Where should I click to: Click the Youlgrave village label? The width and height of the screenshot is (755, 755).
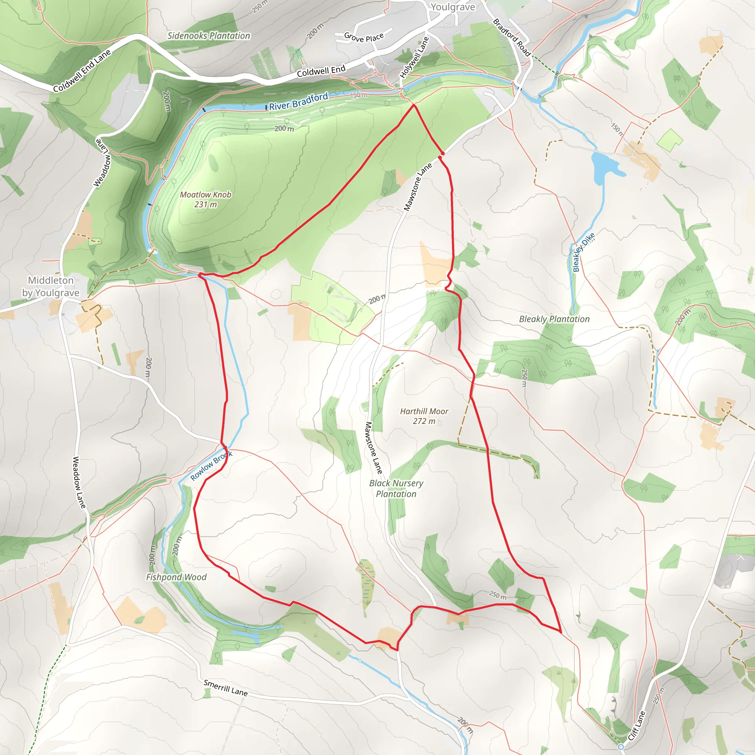pyautogui.click(x=453, y=7)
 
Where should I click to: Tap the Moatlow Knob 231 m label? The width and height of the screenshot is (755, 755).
pyautogui.click(x=206, y=199)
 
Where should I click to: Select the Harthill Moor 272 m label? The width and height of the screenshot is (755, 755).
pyautogui.click(x=424, y=416)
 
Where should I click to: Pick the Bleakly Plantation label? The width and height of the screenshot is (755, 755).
pyautogui.click(x=554, y=319)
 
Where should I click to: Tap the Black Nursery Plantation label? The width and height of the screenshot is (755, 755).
pyautogui.click(x=396, y=488)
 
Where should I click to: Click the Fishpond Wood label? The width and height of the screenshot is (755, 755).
pyautogui.click(x=176, y=577)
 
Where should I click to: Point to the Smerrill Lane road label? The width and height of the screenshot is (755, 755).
pyautogui.click(x=226, y=688)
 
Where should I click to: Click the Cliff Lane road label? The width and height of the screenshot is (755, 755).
pyautogui.click(x=637, y=726)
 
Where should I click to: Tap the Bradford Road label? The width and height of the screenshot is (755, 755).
pyautogui.click(x=512, y=38)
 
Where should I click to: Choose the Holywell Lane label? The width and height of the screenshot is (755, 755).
pyautogui.click(x=414, y=58)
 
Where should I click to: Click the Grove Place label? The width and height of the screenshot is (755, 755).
pyautogui.click(x=364, y=37)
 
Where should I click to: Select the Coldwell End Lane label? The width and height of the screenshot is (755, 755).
pyautogui.click(x=82, y=71)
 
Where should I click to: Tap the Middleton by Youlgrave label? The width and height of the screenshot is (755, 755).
pyautogui.click(x=51, y=286)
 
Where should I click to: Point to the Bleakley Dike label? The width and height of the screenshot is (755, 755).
pyautogui.click(x=584, y=252)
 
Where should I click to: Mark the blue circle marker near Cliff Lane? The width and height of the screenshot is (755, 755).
pyautogui.click(x=621, y=747)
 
